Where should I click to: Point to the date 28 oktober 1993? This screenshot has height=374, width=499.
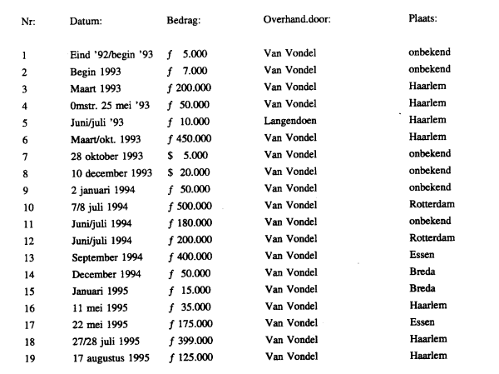(x=106, y=155)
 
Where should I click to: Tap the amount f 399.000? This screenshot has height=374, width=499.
(x=188, y=340)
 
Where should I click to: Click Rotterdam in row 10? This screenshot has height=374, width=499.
(x=432, y=204)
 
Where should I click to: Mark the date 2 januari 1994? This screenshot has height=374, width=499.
(x=102, y=188)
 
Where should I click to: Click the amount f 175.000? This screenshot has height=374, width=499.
(x=188, y=323)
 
